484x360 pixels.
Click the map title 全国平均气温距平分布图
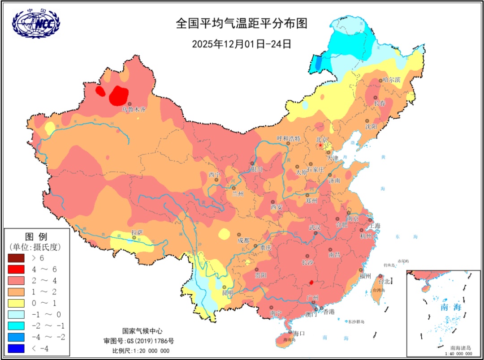tap(242, 23)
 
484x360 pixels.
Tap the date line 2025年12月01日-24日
tap(242, 43)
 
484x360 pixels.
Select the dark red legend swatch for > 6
tap(17, 258)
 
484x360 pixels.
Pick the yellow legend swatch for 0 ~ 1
tap(17, 303)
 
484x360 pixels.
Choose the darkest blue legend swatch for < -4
tap(17, 348)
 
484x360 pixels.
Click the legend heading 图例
tap(36, 236)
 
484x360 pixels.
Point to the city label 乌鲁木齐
tap(134, 109)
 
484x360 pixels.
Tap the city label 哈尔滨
tap(391, 80)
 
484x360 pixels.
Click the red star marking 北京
tap(320, 146)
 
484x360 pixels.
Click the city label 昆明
tap(228, 293)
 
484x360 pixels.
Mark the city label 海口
tap(299, 333)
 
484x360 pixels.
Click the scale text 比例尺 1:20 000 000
tap(141, 351)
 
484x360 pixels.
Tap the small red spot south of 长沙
tap(311, 283)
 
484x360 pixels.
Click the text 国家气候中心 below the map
tap(141, 331)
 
